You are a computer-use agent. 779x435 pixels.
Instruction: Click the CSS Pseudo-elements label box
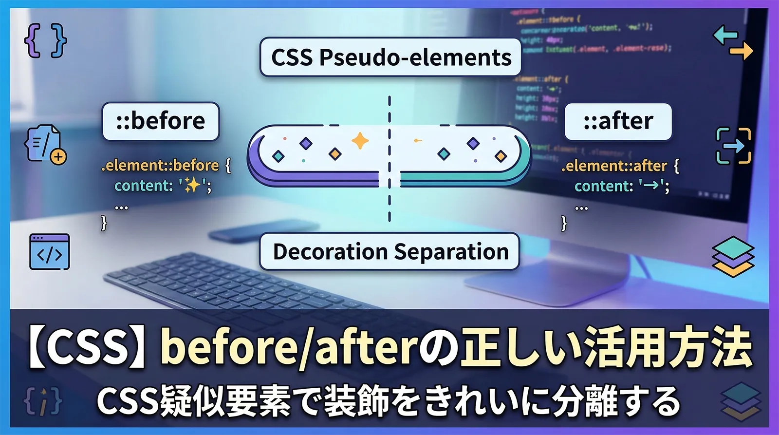pos(391,57)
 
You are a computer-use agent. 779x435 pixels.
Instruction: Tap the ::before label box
pos(161,121)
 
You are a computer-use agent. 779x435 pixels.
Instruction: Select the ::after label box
pos(618,121)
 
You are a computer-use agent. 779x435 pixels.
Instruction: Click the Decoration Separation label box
pos(390,252)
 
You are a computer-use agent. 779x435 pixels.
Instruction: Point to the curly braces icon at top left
pos(45,40)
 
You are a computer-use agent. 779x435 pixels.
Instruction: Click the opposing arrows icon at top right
pos(733,43)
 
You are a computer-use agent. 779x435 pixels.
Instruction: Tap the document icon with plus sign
pos(45,144)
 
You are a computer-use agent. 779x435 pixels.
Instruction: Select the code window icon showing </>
pos(50,252)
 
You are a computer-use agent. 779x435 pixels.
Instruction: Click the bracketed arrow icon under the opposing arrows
pos(733,146)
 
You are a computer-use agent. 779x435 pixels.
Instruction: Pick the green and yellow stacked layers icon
pos(733,257)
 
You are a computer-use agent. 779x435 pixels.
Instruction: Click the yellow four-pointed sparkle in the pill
pos(360,141)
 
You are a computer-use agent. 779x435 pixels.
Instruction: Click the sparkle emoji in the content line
pos(192,186)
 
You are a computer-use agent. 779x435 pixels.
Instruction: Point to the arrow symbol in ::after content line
pos(651,186)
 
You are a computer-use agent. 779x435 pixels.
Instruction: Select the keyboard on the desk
pos(234,283)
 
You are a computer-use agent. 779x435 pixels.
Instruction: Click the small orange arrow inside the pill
pos(417,141)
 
